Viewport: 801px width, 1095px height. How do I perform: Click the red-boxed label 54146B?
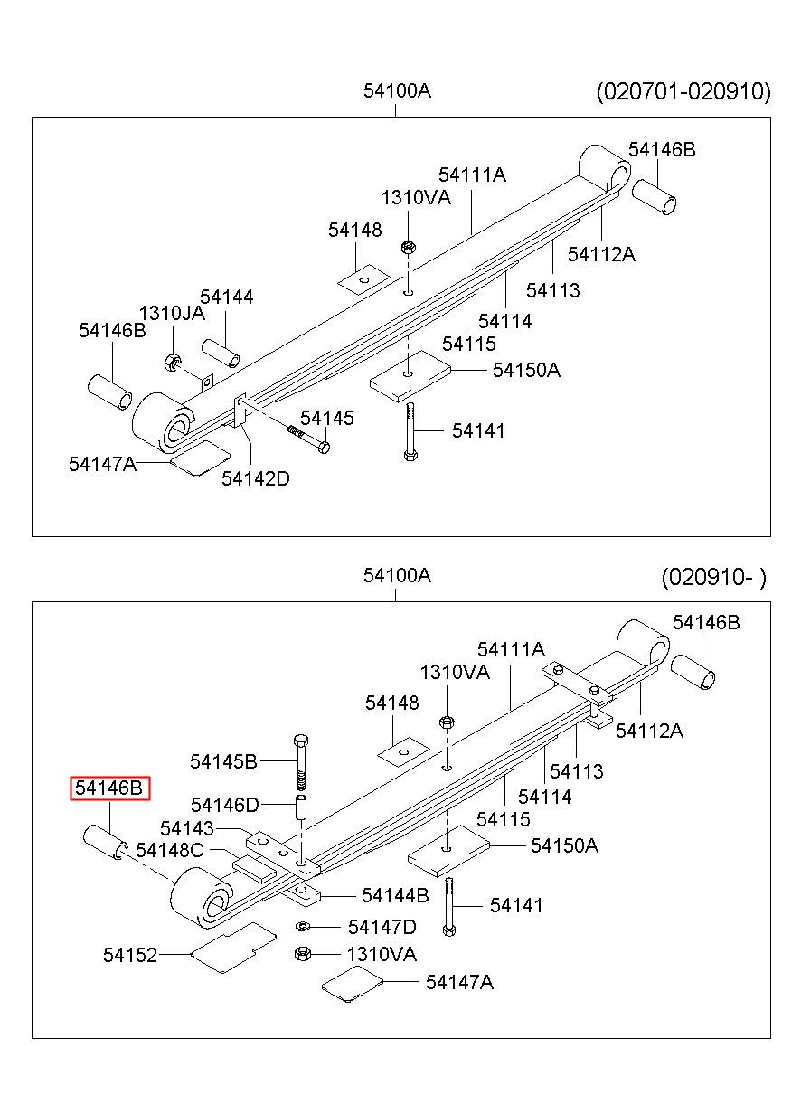109,788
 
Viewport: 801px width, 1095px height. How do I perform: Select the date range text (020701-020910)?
683,91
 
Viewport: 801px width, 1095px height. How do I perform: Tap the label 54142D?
256,478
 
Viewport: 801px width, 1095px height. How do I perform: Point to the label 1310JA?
172,314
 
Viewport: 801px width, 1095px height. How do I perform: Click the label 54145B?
223,761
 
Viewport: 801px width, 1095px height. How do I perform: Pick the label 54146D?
225,805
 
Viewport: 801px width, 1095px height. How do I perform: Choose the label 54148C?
170,851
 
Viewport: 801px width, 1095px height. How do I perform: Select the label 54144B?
395,895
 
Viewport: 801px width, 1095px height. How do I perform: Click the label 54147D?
382,927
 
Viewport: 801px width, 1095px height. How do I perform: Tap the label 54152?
130,955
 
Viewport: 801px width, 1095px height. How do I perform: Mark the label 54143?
187,828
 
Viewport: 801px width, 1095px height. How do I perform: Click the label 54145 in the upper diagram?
327,418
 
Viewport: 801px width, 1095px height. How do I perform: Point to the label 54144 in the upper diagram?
227,297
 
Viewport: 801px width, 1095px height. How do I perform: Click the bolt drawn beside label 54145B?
301,762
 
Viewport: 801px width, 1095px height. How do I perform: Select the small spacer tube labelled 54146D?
301,808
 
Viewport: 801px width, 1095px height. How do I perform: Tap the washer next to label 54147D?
301,926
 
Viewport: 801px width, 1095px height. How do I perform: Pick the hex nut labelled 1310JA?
171,363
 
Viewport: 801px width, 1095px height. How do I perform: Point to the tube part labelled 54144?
221,353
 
